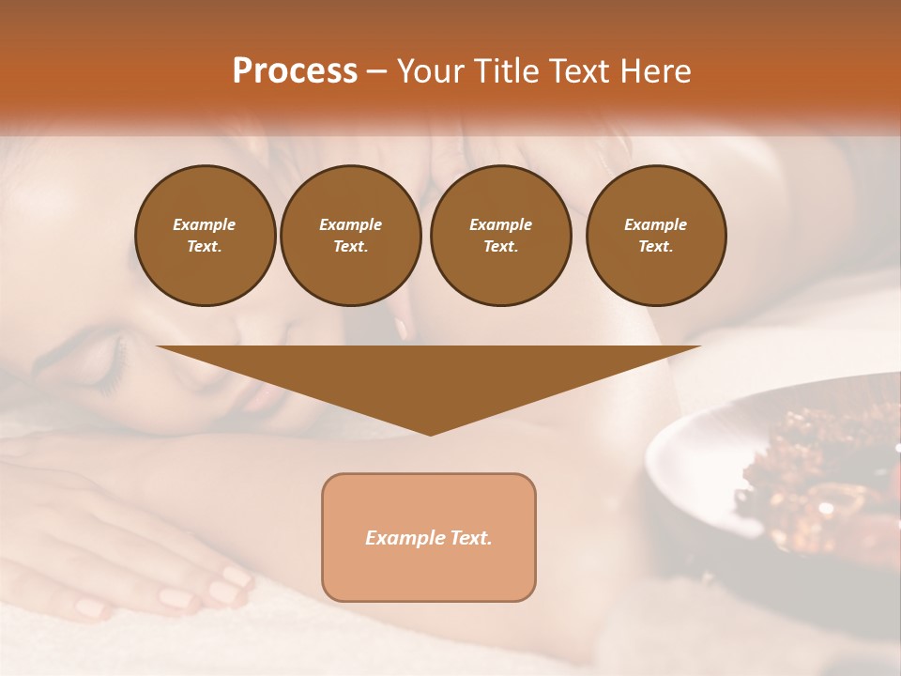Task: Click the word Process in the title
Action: [x=295, y=71]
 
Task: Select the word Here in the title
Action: [x=655, y=71]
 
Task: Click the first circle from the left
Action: [x=205, y=236]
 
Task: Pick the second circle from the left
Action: [x=350, y=236]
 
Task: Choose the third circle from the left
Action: [x=500, y=236]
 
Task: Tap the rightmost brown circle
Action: [x=655, y=236]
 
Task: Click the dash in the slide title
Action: [x=376, y=71]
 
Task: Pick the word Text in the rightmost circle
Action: [x=655, y=247]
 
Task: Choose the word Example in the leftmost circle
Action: [x=205, y=224]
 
